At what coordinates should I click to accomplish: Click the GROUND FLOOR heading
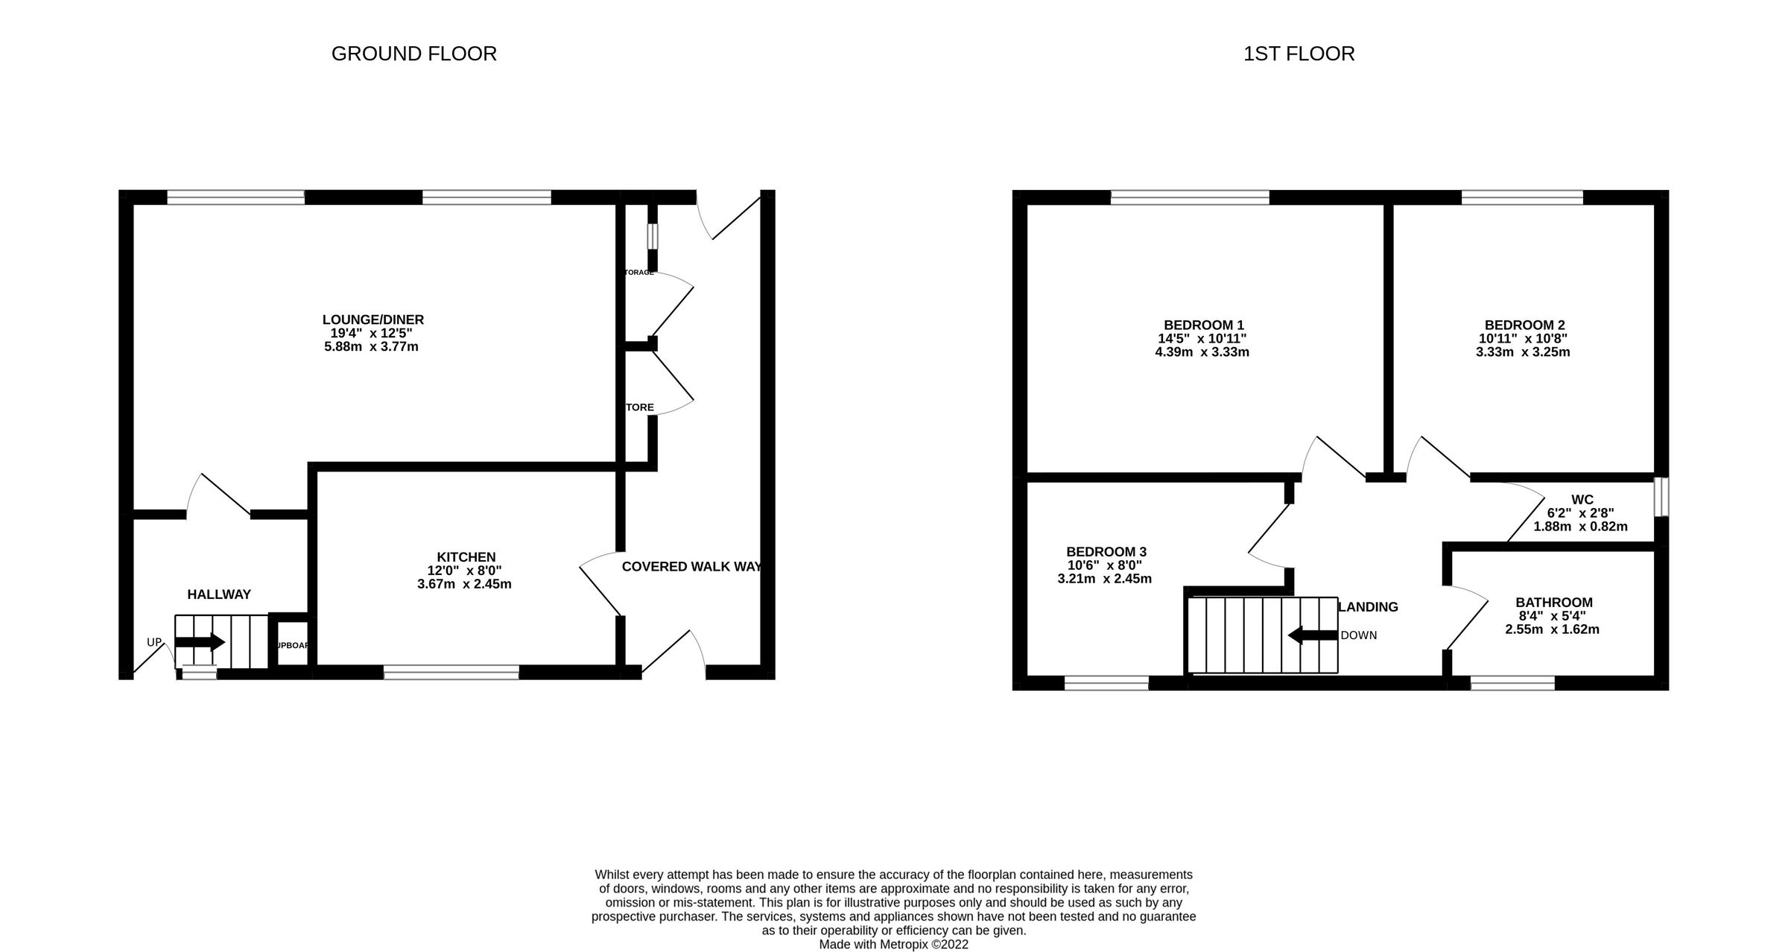point(413,54)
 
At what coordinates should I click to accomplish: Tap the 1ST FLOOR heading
point(1299,54)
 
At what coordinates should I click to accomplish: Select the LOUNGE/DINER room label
point(372,320)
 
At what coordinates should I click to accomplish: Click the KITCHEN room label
point(466,557)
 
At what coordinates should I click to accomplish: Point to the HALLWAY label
point(219,594)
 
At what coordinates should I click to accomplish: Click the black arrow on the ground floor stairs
point(200,642)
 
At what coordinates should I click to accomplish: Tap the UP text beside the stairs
point(154,642)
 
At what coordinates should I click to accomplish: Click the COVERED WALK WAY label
point(691,566)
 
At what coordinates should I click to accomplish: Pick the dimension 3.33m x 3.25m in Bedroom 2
point(1523,352)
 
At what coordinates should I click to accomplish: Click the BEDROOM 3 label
point(1106,552)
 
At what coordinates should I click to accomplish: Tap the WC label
point(1582,500)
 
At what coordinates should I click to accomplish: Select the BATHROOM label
point(1553,603)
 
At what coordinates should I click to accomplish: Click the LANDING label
point(1368,607)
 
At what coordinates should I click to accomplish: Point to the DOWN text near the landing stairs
point(1358,635)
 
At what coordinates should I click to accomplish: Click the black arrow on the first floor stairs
point(1313,635)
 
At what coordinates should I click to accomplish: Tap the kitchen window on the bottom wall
point(451,673)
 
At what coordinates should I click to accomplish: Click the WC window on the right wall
point(1661,497)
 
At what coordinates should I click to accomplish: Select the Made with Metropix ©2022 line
point(893,945)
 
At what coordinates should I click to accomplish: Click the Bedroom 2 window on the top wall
point(1522,197)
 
